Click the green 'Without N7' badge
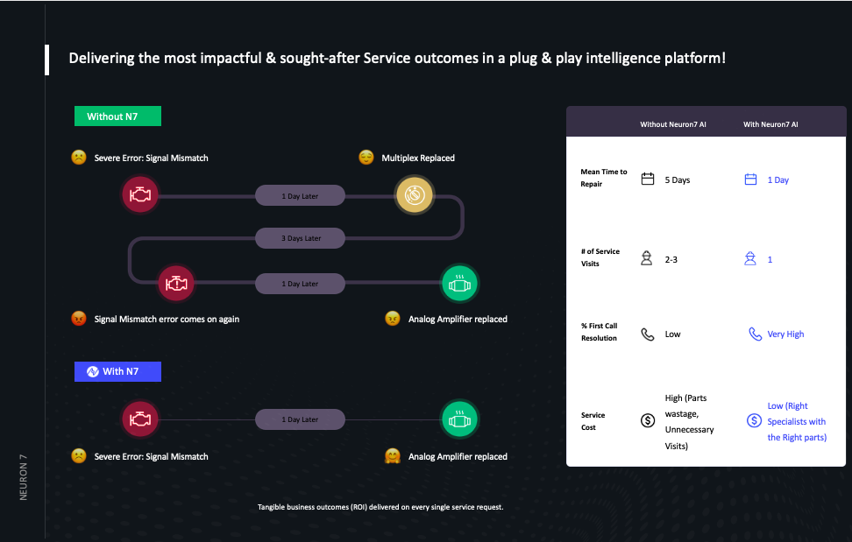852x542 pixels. [117, 116]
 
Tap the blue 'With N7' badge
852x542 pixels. [117, 371]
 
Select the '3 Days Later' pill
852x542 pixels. [301, 238]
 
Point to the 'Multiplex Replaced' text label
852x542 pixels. [418, 158]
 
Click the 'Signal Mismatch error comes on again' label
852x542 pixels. [167, 320]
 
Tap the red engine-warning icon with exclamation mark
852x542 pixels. [175, 284]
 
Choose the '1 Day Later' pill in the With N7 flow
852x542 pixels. [301, 419]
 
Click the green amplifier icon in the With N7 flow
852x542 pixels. [459, 419]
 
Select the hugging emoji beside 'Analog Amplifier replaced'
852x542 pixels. [393, 456]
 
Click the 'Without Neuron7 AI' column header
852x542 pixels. [672, 125]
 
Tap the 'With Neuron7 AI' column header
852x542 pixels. [770, 125]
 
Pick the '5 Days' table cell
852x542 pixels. [677, 180]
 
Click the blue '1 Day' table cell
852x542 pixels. [778, 180]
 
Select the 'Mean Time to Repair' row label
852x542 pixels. [604, 178]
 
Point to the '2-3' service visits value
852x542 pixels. [671, 260]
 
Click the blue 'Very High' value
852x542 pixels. [785, 334]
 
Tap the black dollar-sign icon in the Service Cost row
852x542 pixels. [648, 420]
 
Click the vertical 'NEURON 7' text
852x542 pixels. [24, 477]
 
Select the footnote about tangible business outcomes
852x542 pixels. [380, 507]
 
